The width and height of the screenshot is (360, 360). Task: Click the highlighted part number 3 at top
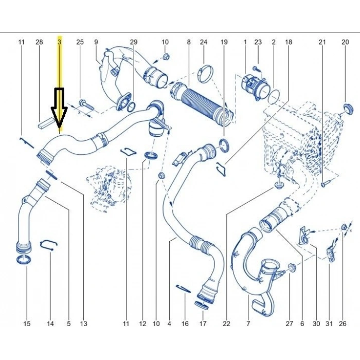point(60,42)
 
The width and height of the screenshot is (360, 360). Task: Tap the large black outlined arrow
point(59,107)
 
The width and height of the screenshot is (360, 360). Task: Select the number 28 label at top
point(39,42)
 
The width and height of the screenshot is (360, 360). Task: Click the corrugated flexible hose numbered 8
point(202,104)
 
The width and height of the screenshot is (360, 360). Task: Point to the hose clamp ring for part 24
point(205,73)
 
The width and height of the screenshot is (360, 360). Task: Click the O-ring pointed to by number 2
point(274,97)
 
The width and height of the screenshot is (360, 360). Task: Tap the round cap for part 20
point(347,109)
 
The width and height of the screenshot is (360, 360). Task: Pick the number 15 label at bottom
point(27,323)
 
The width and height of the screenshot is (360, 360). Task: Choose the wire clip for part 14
point(48,245)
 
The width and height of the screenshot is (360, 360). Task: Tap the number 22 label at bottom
point(226,323)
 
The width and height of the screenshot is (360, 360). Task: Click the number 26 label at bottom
point(343,323)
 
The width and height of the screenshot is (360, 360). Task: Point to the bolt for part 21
point(326,184)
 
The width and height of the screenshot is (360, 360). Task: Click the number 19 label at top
point(224,42)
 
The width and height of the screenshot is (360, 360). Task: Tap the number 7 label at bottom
point(248,323)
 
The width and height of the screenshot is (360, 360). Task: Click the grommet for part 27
point(291,267)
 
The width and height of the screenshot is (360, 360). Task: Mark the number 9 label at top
point(96,42)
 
